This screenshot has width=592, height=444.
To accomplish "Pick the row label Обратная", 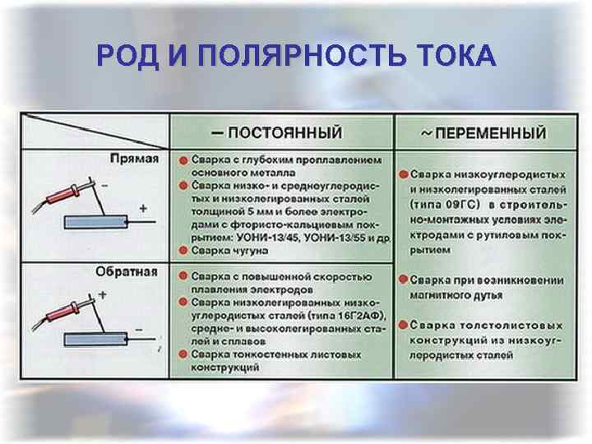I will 131,271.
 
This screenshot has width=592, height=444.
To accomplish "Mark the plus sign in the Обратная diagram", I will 103,294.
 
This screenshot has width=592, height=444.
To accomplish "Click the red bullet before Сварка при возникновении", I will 402,280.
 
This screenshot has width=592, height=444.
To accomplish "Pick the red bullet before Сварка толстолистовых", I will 402,325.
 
